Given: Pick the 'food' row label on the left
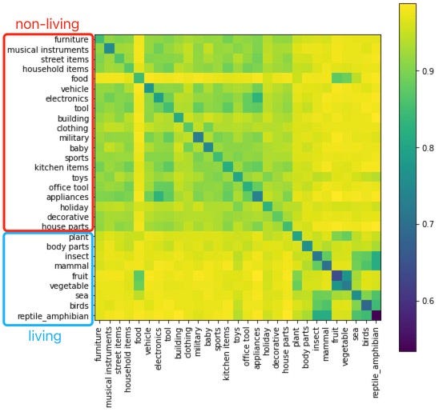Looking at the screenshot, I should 80,78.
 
